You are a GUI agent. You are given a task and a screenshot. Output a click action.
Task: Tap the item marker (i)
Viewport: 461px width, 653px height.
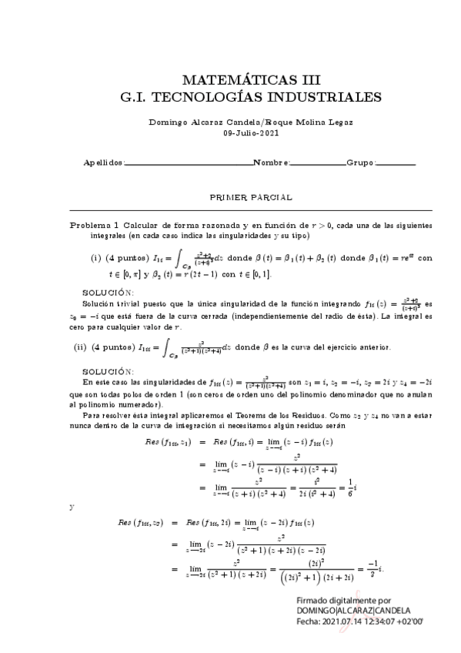tap(96, 258)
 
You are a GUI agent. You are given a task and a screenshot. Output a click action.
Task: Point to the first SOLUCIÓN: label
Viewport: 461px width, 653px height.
tap(108, 293)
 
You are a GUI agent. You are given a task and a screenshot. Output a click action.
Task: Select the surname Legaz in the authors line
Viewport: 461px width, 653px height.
tap(344, 122)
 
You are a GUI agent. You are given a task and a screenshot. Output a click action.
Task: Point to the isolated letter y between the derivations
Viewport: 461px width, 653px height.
tap(72, 507)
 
